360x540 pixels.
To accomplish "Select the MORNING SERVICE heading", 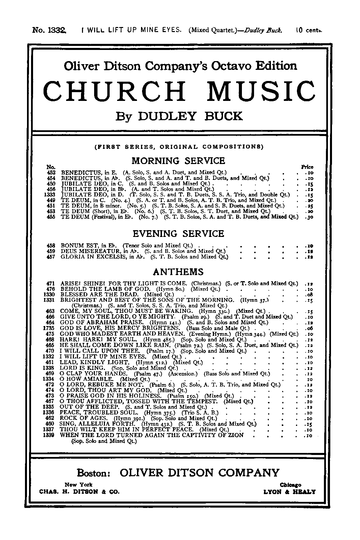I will point(178,160).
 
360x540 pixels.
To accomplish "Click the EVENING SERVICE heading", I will point(178,234).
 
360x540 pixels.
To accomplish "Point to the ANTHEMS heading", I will point(178,272).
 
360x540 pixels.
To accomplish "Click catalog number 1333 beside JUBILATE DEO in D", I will point(50,195).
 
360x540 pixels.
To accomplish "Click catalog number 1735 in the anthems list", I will point(50,328).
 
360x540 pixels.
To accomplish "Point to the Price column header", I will point(307,167).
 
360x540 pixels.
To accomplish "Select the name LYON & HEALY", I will point(289,492).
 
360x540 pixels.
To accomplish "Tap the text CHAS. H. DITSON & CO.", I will point(79,492).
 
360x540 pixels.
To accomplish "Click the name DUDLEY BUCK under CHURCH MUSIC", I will point(191,116).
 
